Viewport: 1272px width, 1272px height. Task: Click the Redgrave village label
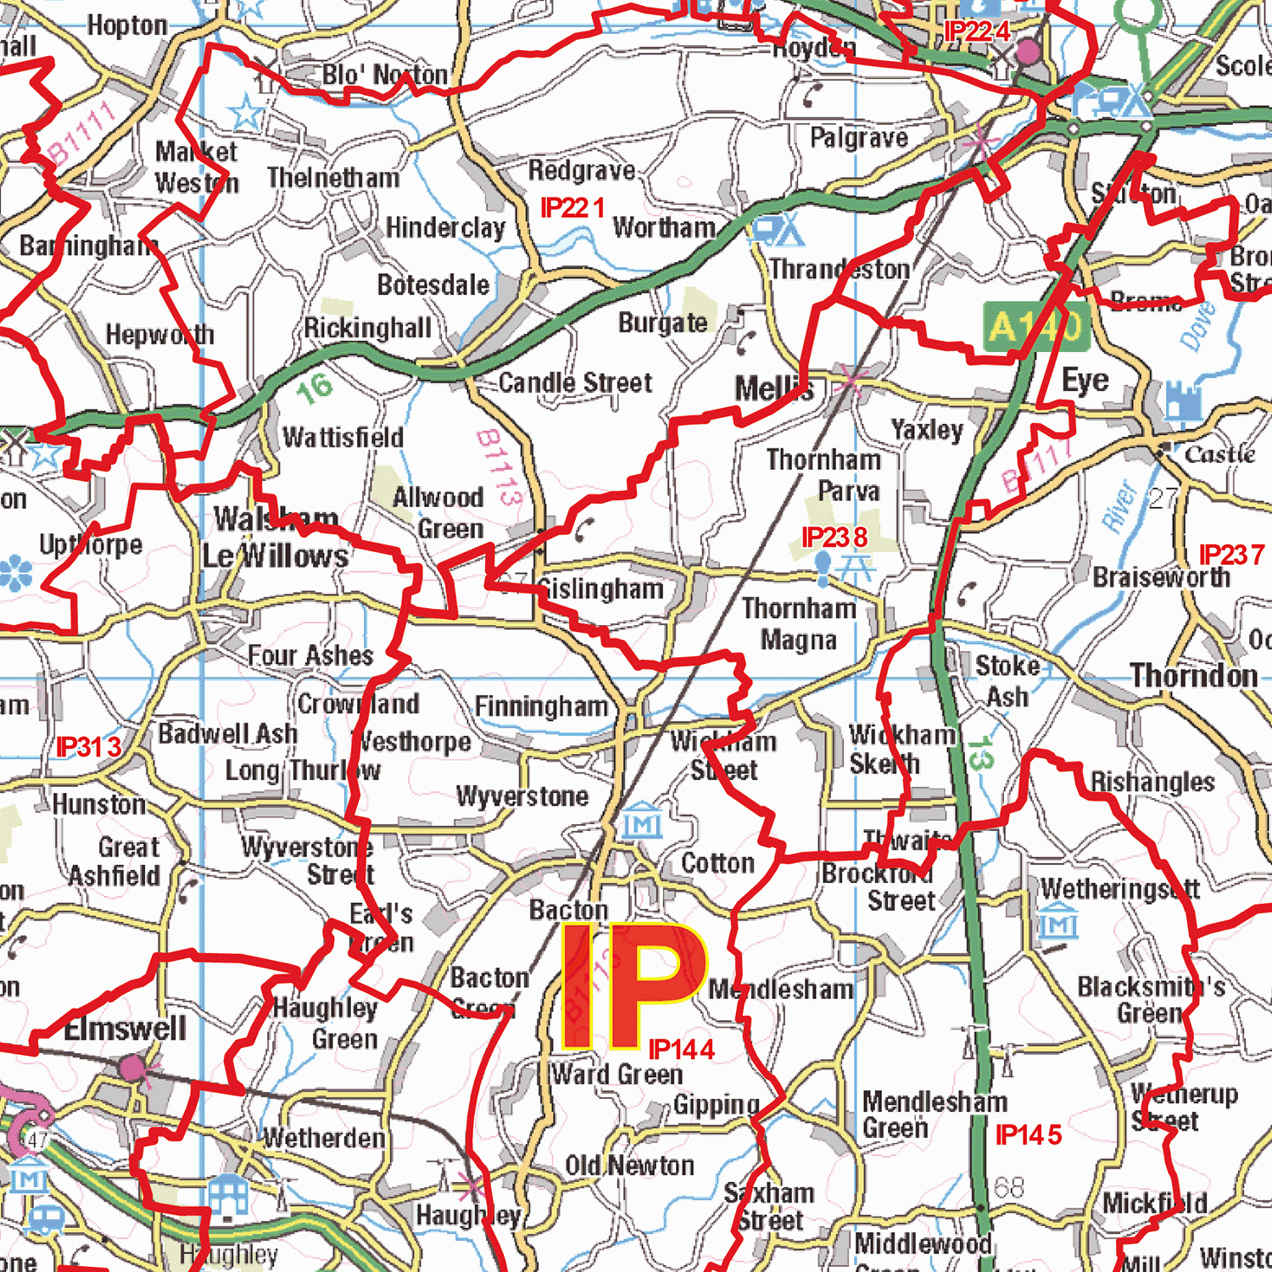click(x=582, y=170)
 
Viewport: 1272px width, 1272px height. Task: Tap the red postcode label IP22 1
click(x=573, y=208)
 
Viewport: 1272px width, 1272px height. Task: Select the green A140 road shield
click(x=1036, y=326)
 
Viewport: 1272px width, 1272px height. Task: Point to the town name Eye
click(x=1085, y=381)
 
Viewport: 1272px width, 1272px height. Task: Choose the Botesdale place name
click(x=433, y=285)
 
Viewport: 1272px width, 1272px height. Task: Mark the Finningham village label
click(x=541, y=706)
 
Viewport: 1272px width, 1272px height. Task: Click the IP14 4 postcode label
click(x=682, y=1050)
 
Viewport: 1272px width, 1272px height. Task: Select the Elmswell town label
click(x=126, y=1029)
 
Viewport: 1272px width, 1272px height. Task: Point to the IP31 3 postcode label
click(x=89, y=747)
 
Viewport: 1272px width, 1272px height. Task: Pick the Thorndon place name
click(x=1194, y=676)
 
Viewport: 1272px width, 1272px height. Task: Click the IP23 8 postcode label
click(x=835, y=538)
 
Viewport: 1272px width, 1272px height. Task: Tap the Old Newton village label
click(x=629, y=1166)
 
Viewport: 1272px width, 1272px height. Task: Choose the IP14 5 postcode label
click(x=1029, y=1135)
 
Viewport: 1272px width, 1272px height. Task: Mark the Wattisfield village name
click(x=343, y=438)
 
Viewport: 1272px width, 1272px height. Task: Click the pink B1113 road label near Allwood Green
click(x=499, y=467)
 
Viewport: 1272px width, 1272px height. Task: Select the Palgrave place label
click(x=859, y=137)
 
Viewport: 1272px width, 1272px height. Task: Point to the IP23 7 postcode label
click(x=1231, y=555)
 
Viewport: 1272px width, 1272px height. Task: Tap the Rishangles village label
click(x=1152, y=782)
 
